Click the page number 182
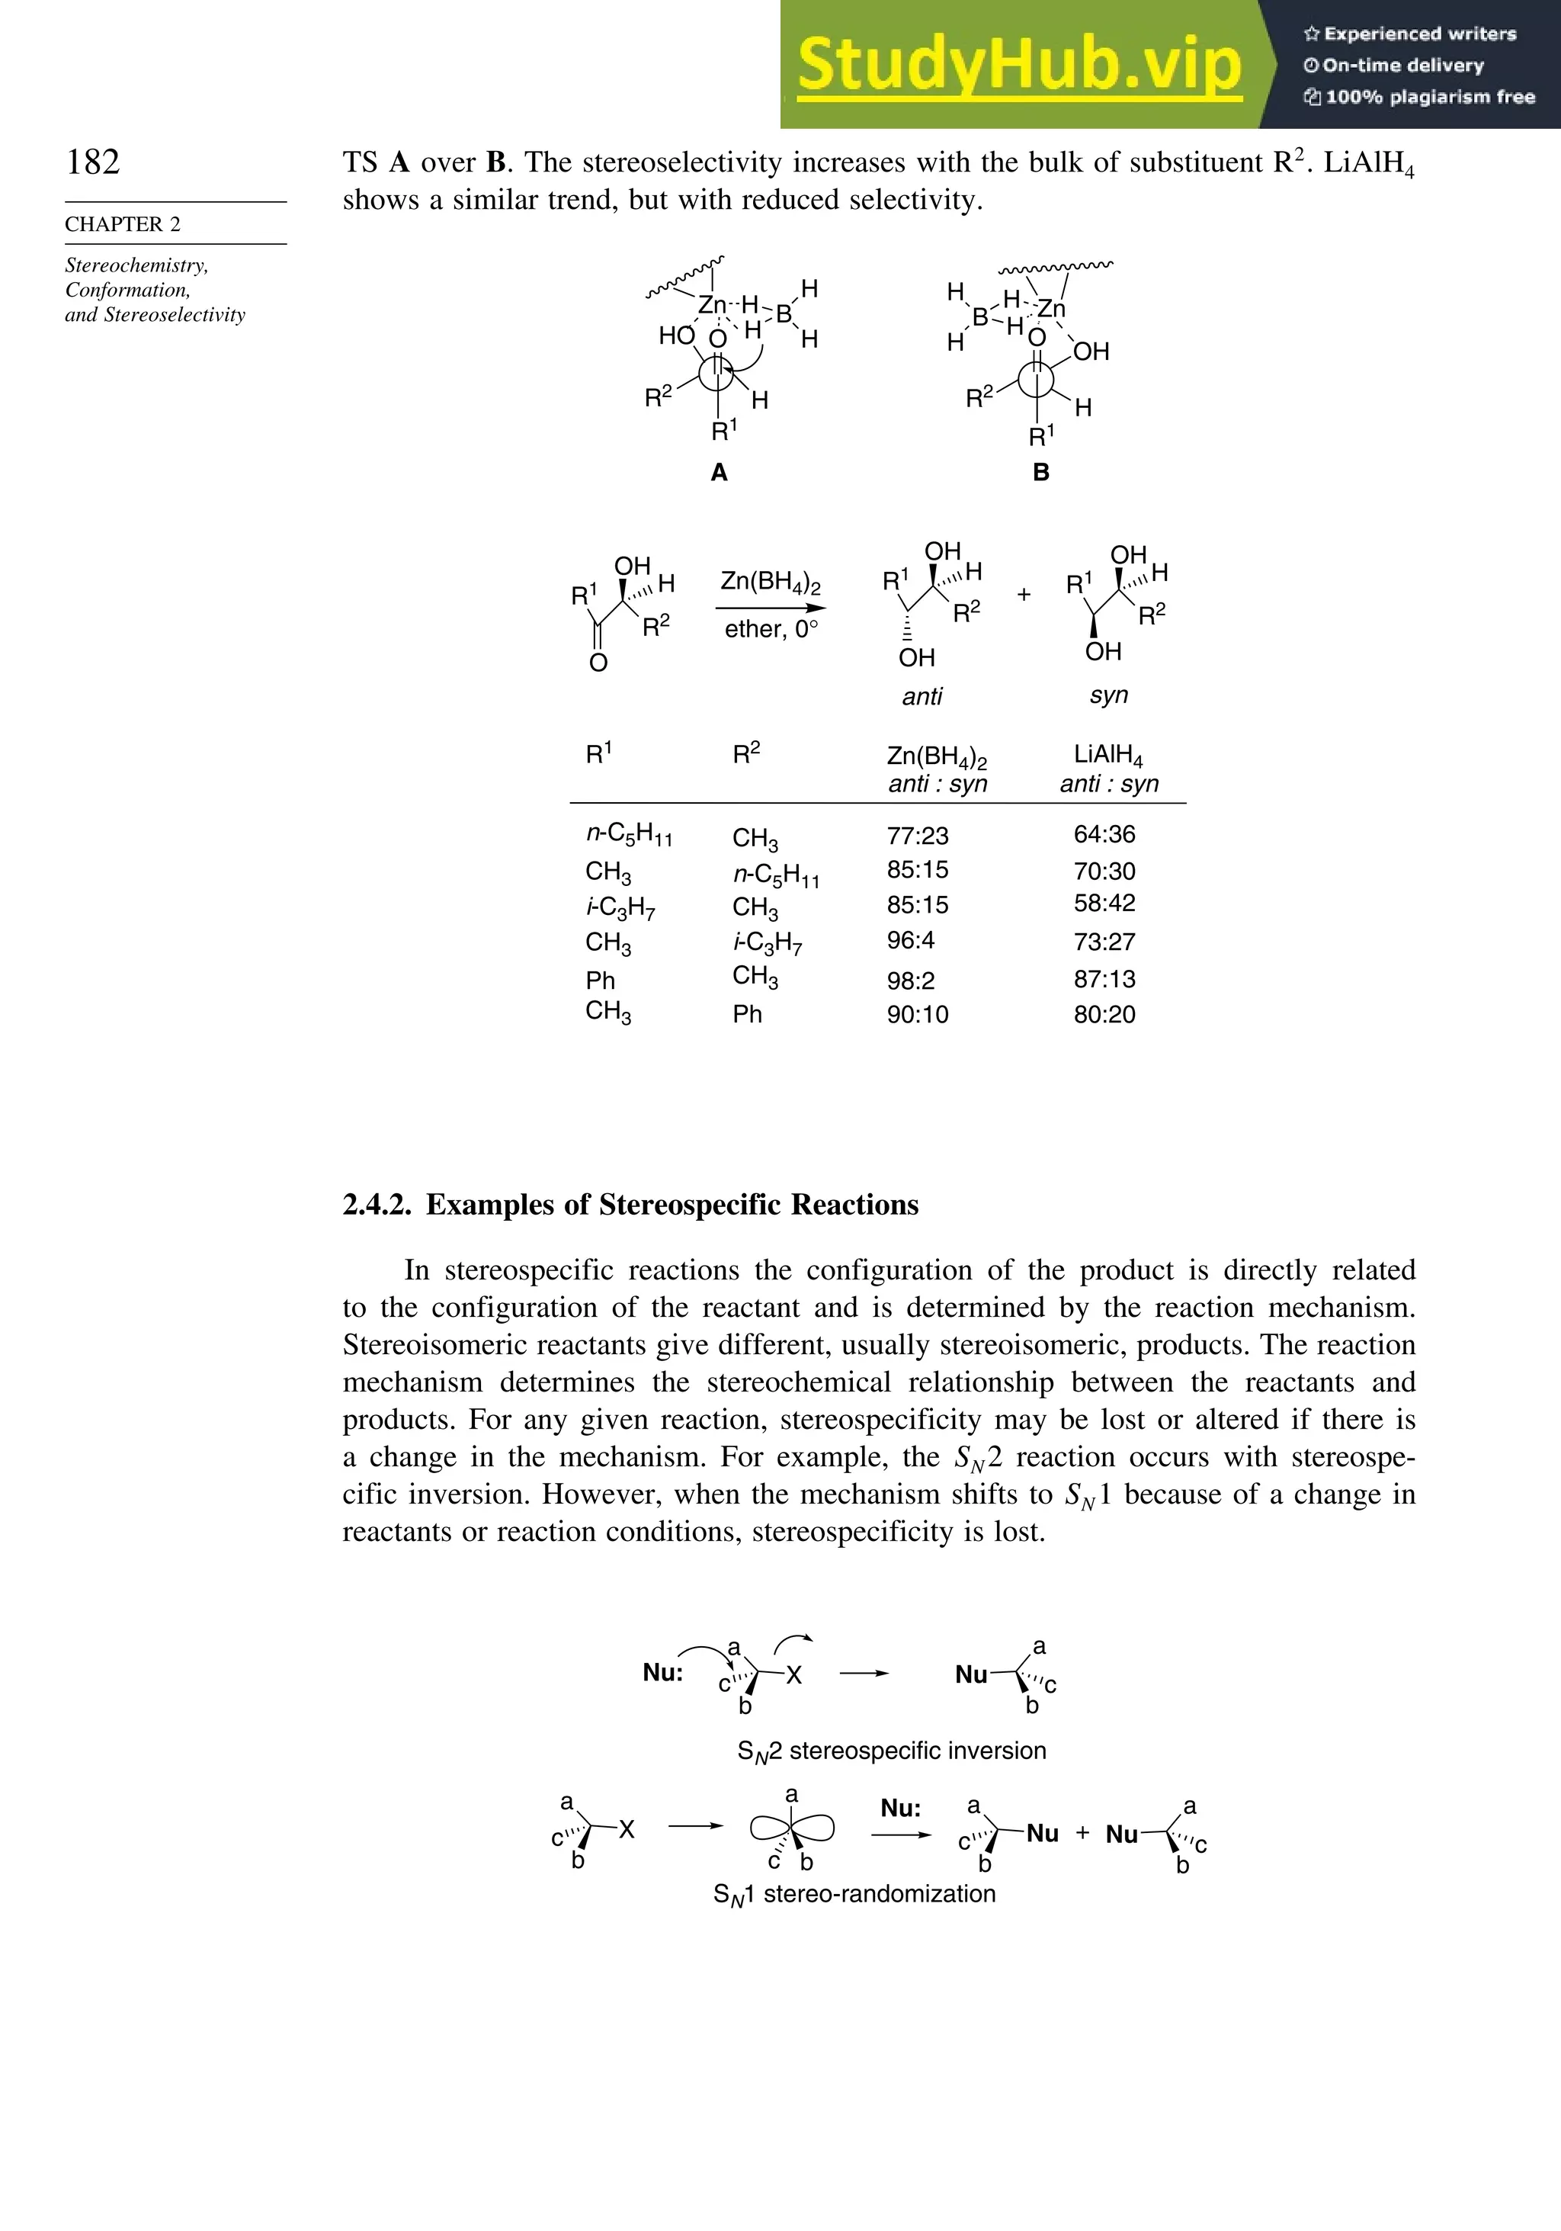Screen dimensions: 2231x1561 click(93, 162)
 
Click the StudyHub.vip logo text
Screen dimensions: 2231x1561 click(1019, 64)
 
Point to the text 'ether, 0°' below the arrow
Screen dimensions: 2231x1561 click(771, 629)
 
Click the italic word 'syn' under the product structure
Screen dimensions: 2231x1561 click(1108, 695)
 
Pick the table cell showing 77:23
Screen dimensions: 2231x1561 click(917, 836)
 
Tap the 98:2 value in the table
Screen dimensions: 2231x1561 click(910, 981)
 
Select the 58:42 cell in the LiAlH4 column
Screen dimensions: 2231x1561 click(1104, 903)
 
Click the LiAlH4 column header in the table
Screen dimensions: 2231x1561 click(1108, 755)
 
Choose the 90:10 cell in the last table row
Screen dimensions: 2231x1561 click(917, 1014)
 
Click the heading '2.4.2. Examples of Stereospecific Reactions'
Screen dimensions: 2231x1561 click(630, 1205)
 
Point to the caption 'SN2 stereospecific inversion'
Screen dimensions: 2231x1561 click(892, 1751)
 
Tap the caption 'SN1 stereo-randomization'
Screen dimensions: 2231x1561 click(854, 1894)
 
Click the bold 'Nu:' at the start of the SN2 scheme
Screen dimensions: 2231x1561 click(662, 1672)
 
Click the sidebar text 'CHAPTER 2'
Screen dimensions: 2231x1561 click(123, 224)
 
